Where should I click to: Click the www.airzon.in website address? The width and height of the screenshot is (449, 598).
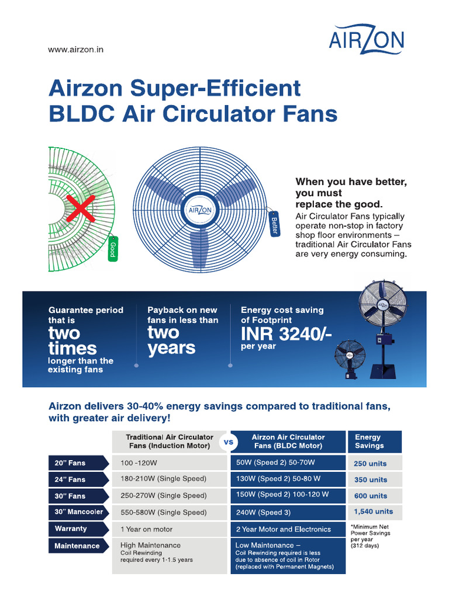pos(75,50)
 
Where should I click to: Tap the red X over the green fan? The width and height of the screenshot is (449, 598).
pos(80,208)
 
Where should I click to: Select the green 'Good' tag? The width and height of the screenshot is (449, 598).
pos(112,249)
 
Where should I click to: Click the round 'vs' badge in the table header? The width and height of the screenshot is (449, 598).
pos(229,442)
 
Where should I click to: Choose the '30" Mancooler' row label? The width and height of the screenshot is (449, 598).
pos(79,512)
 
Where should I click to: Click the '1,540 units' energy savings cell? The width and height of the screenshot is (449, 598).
pos(374,512)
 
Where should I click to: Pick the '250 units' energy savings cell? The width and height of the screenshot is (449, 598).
pos(371,464)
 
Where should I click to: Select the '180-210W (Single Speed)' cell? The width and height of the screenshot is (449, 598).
pos(163,479)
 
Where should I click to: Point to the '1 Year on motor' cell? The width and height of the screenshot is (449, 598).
pos(147,529)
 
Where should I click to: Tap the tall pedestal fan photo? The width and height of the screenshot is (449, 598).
pos(377,327)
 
